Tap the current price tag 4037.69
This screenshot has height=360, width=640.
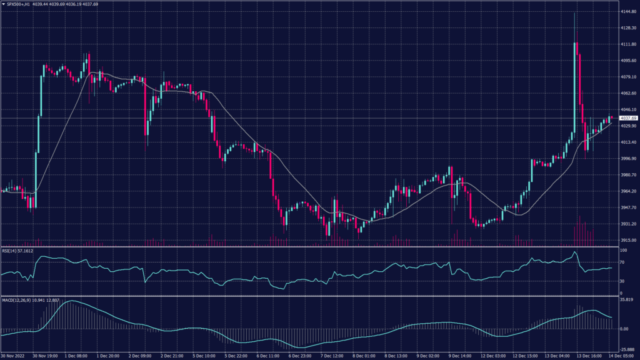[x=628, y=118]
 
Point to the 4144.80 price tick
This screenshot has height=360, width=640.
[x=628, y=12]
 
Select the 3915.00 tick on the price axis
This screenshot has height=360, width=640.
[x=628, y=240]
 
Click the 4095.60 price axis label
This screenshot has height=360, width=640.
[x=628, y=61]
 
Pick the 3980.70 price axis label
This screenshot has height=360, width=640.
[x=628, y=175]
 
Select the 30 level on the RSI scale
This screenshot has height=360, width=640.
[x=622, y=282]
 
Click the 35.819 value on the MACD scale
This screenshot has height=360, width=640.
[x=627, y=300]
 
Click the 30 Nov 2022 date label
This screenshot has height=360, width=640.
[x=14, y=356]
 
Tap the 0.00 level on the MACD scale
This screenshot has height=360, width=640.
[x=624, y=329]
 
